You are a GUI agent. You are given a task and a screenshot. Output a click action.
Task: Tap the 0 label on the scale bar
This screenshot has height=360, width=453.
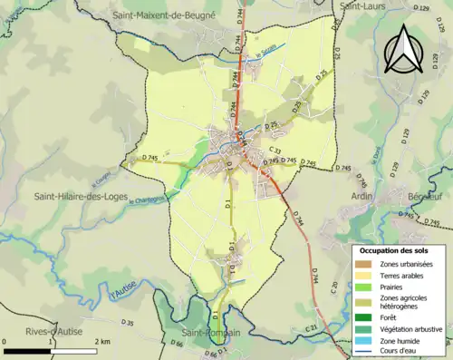coord(5,341)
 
